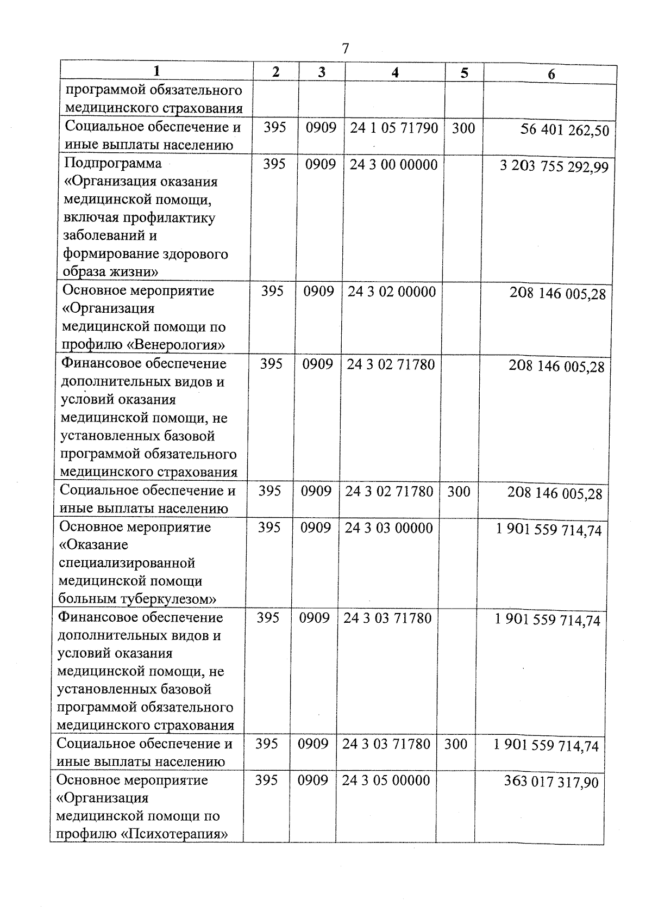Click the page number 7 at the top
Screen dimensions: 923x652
tap(346, 49)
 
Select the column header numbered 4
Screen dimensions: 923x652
tap(395, 72)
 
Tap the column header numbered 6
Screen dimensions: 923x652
tap(551, 75)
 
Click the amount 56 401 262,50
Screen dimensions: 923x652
tap(565, 131)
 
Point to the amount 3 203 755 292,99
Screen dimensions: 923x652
tap(554, 166)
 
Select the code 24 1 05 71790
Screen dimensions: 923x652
tap(394, 128)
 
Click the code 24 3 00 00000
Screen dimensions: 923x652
tap(393, 165)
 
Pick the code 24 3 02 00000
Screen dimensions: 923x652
tap(392, 292)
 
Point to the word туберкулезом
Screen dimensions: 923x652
tap(167, 599)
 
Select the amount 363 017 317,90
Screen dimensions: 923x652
tap(551, 782)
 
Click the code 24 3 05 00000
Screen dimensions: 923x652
tap(386, 780)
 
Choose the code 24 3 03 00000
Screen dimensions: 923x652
tap(388, 528)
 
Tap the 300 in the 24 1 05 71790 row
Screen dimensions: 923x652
tap(463, 128)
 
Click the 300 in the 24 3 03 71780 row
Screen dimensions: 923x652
tap(455, 744)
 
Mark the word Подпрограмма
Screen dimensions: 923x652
tap(113, 163)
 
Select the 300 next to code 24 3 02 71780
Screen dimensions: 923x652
tap(459, 492)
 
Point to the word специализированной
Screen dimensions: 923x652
tap(126, 563)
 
